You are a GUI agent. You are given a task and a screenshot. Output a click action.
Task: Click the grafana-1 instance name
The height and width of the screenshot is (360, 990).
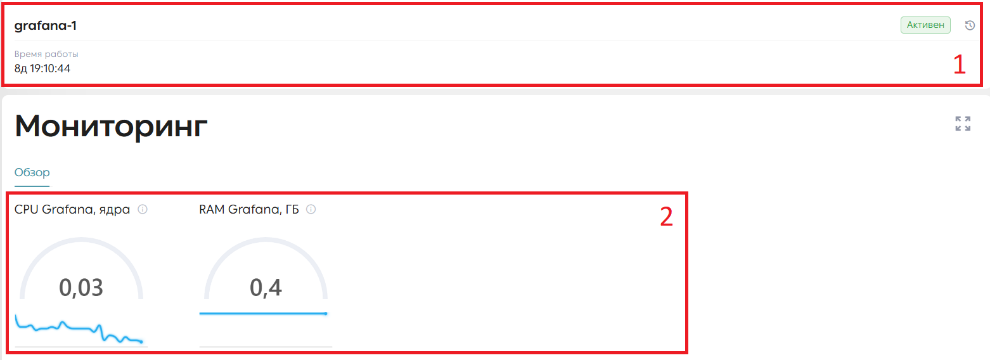pos(45,25)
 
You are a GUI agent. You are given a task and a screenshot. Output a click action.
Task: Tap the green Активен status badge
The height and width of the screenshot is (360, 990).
pos(925,25)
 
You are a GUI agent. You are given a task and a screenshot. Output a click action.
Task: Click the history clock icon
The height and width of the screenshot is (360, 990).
pos(970,25)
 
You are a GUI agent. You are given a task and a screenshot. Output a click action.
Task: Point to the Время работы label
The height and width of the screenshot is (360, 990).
pos(46,54)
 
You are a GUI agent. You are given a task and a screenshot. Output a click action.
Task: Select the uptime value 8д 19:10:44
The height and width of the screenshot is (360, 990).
pos(42,68)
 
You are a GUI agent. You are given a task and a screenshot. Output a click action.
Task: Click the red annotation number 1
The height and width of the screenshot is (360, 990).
pos(959,65)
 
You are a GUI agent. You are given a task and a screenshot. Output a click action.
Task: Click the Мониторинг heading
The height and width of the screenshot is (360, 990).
pos(111,126)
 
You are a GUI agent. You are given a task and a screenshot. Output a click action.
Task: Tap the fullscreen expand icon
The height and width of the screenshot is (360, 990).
pos(963,124)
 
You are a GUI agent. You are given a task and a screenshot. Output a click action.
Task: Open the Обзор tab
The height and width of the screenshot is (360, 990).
pos(32,172)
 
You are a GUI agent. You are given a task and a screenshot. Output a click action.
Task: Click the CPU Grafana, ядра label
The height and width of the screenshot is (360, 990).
pos(72,209)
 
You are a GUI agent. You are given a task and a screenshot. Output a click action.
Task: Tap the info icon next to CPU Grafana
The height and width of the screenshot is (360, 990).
pos(143,209)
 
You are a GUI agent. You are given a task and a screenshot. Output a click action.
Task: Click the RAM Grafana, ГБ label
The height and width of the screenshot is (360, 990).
pos(249,209)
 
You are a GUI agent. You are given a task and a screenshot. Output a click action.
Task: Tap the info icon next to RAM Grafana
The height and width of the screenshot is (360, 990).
pos(311,209)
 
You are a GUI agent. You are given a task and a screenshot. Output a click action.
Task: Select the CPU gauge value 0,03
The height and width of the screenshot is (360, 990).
pos(81,288)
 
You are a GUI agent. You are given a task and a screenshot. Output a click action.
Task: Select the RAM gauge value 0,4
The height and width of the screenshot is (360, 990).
pos(266,288)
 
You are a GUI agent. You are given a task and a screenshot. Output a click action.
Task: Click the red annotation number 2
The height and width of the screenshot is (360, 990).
pos(667,217)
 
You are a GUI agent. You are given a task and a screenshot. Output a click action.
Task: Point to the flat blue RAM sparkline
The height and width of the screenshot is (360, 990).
pos(263,314)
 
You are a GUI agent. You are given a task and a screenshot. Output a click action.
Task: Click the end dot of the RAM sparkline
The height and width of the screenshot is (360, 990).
pos(326,314)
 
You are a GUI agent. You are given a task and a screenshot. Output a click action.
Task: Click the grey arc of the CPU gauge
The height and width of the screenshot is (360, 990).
pos(81,240)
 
